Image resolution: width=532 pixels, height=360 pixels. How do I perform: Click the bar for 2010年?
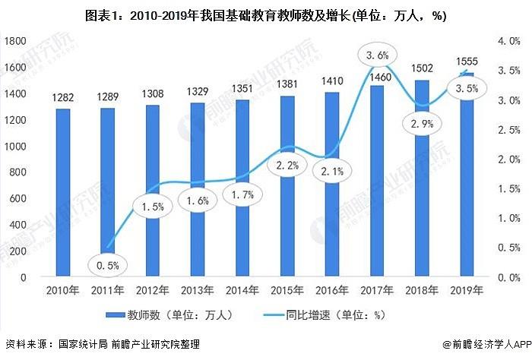click(63, 194)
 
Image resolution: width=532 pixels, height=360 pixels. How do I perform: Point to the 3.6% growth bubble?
click(376, 55)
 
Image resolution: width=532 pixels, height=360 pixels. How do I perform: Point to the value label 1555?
click(466, 62)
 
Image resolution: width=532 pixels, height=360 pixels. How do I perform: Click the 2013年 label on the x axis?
click(197, 291)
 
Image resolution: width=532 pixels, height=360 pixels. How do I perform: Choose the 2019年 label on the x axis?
click(466, 291)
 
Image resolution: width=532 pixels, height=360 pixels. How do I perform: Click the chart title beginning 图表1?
click(265, 14)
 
